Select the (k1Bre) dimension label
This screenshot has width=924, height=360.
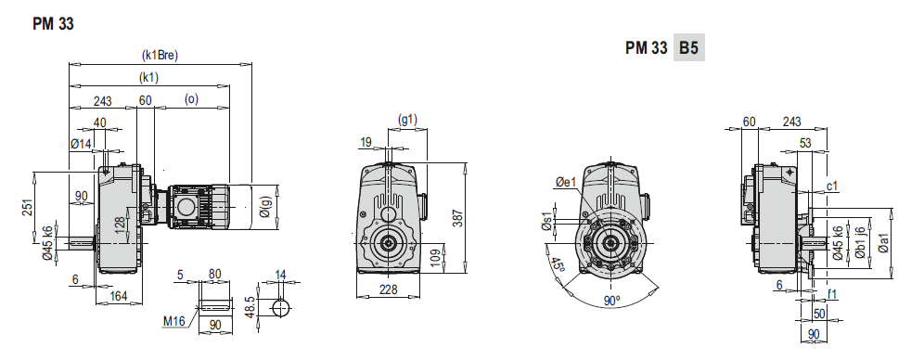click(160, 55)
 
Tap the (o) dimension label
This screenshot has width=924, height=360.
click(191, 99)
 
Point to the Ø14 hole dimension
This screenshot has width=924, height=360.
click(82, 143)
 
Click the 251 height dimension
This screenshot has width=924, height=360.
click(28, 209)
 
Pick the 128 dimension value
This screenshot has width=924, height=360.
click(118, 225)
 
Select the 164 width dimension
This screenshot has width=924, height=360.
click(118, 296)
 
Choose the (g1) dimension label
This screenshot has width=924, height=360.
click(408, 120)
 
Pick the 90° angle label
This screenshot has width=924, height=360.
click(610, 302)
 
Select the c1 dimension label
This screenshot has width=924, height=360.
click(832, 186)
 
